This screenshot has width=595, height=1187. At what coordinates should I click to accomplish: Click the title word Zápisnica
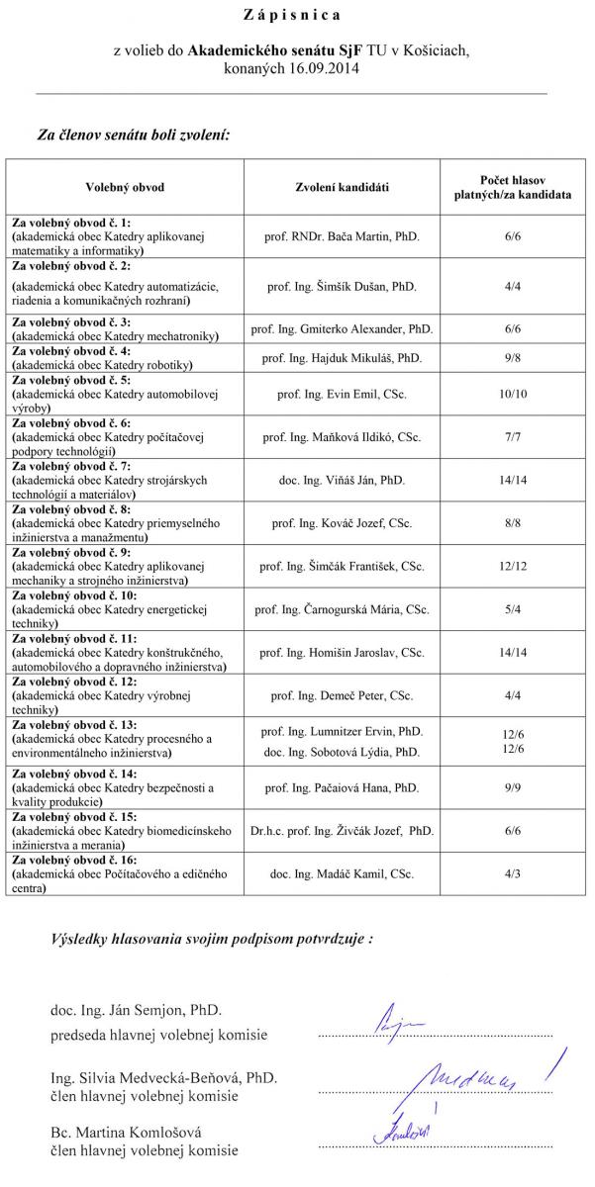[x=292, y=16]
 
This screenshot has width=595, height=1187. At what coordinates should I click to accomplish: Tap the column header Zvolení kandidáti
[x=342, y=187]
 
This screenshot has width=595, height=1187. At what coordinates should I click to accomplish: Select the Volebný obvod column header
[x=125, y=187]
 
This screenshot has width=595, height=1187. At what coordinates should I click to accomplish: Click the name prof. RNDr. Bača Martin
[x=342, y=238]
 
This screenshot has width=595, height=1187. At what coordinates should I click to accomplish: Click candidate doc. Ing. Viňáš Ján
[x=342, y=480]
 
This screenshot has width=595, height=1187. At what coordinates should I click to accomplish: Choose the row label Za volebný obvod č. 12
[x=74, y=683]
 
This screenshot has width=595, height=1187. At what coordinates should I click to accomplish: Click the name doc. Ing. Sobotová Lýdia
[x=342, y=753]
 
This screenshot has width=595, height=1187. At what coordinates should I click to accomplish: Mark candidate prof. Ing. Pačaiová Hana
[x=342, y=788]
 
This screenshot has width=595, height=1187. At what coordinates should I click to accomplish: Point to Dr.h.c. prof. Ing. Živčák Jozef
[x=342, y=832]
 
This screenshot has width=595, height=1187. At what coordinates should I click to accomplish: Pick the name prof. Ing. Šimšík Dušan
[x=342, y=286]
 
